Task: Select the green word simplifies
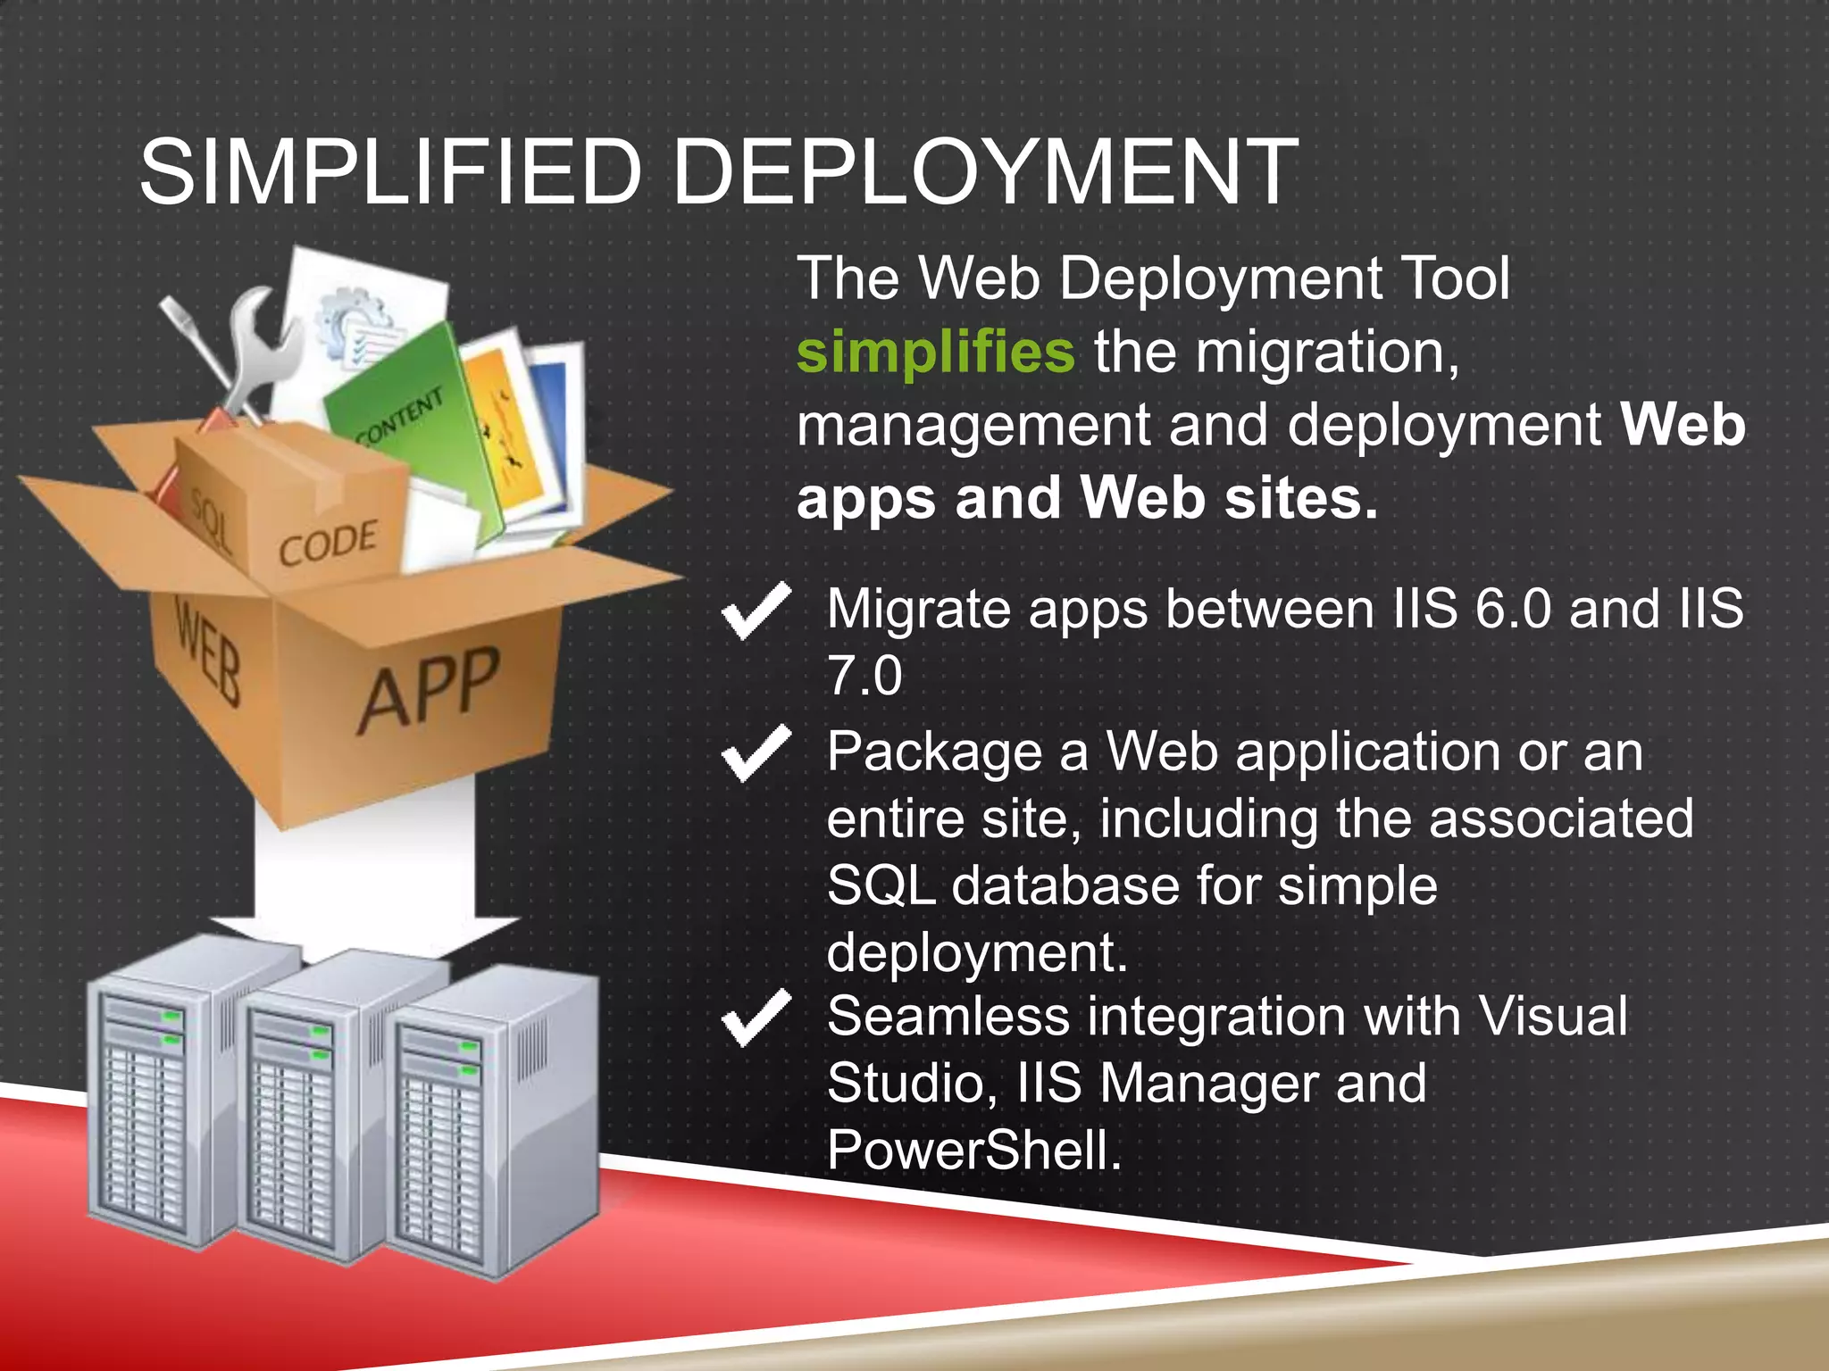click(x=935, y=352)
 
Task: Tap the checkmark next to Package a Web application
click(x=756, y=753)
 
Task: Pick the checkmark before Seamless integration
click(x=756, y=1018)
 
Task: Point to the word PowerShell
click(x=973, y=1150)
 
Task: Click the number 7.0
click(x=864, y=676)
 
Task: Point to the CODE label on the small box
click(x=328, y=543)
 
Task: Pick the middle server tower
click(x=308, y=1111)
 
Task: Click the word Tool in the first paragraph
click(x=1457, y=278)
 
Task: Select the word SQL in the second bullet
click(x=881, y=885)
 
